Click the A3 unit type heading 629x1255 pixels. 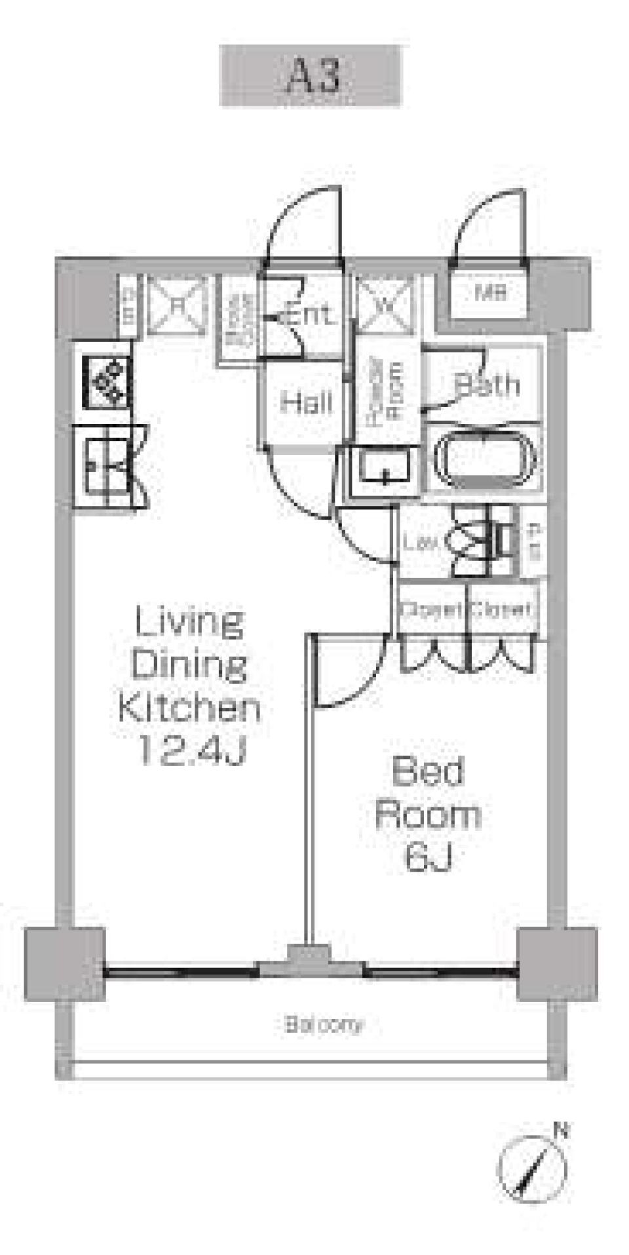click(x=310, y=76)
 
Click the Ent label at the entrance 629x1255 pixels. click(x=311, y=315)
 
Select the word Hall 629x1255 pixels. click(x=305, y=402)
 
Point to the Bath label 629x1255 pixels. click(x=487, y=385)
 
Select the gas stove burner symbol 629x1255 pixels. click(x=106, y=383)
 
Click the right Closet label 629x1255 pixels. click(x=501, y=610)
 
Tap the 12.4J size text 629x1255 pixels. click(x=190, y=754)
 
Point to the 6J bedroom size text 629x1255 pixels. click(x=429, y=858)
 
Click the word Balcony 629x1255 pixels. click(x=323, y=1024)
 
